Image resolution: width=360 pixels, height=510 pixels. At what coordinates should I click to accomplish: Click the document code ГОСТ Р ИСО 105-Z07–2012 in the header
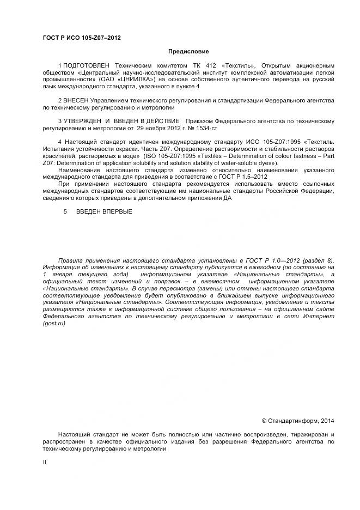[82, 38]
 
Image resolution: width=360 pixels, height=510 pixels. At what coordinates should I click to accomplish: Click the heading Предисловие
[188, 51]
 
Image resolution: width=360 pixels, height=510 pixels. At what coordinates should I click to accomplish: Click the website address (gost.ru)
[54, 324]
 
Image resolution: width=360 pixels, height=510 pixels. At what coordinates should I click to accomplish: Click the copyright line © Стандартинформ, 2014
[298, 420]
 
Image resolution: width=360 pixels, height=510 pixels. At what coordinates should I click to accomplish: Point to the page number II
[45, 462]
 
